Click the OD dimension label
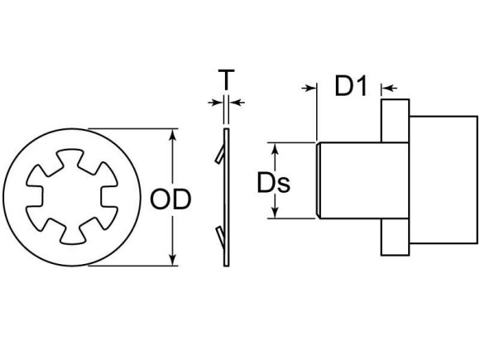click(171, 199)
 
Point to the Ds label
click(271, 182)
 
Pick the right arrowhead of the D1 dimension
click(386, 85)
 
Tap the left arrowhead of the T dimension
click(220, 102)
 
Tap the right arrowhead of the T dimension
click(233, 102)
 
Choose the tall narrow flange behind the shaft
click(396, 179)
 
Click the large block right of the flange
click(443, 179)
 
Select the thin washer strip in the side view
click(227, 199)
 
